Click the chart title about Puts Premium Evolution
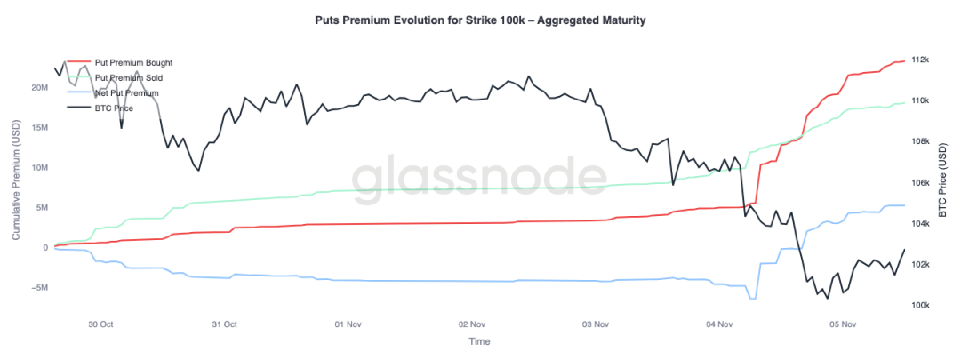[480, 20]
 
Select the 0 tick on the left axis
[44, 247]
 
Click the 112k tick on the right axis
[919, 60]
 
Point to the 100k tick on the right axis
[919, 305]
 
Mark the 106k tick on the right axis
[919, 182]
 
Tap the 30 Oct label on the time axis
[100, 324]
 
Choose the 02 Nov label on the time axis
[471, 324]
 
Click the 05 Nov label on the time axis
[841, 324]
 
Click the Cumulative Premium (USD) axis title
[14, 182]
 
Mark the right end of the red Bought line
[904, 60]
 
